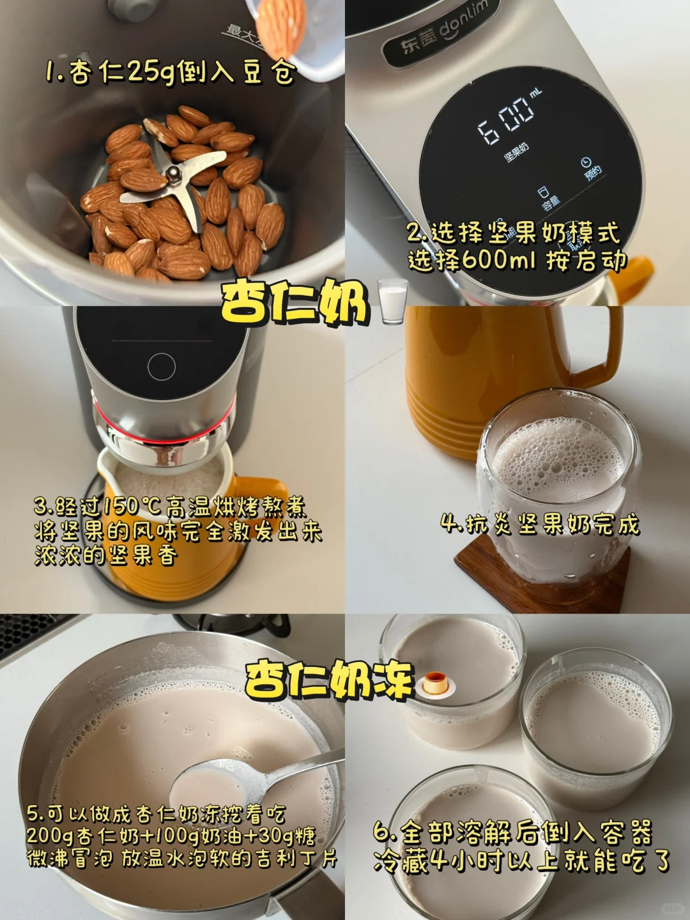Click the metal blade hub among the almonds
[172, 172]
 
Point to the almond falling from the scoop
[280, 25]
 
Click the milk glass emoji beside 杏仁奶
[392, 302]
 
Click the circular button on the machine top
[161, 366]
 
